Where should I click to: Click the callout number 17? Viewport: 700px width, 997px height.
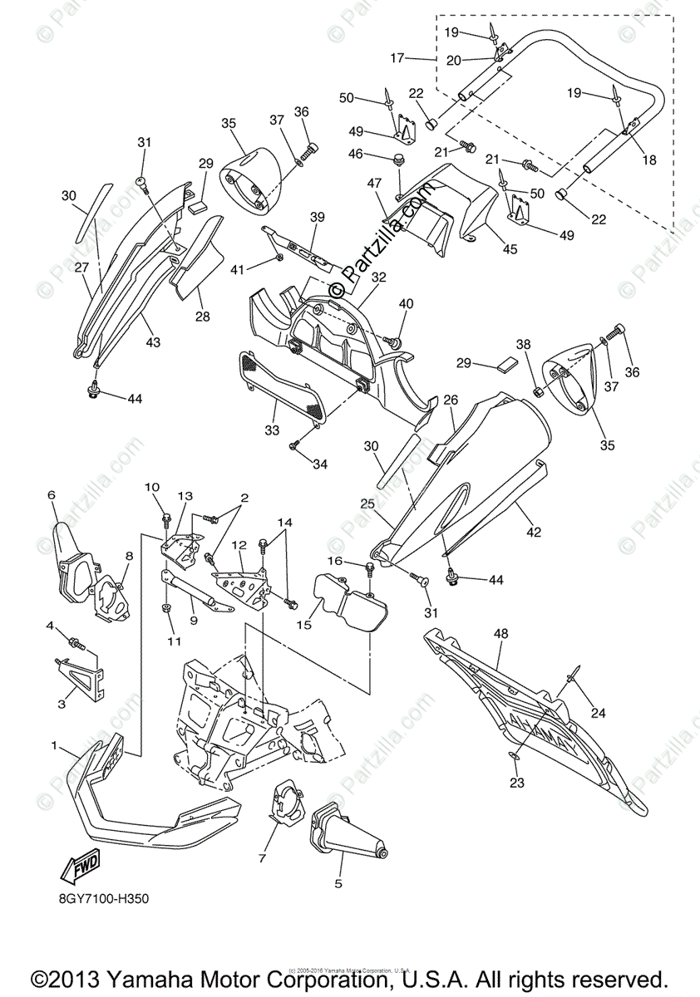tap(397, 58)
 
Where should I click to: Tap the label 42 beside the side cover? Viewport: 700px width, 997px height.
tap(533, 532)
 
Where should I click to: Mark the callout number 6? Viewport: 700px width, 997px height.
tap(52, 495)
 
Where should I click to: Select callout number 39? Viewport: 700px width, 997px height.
tap(317, 217)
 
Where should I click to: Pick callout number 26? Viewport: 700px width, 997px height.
tap(451, 400)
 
